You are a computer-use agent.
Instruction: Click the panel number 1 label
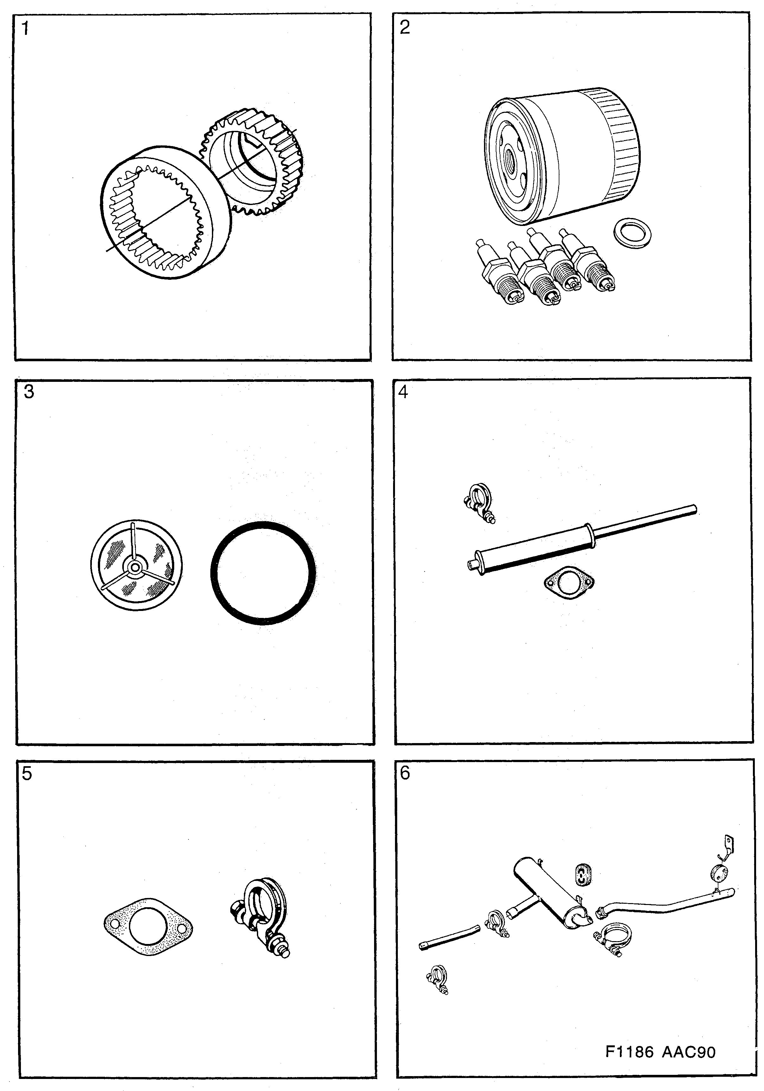(25, 29)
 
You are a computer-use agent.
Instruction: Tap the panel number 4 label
(403, 393)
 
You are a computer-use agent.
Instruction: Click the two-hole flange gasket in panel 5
(148, 927)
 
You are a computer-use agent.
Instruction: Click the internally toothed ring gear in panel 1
(164, 211)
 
